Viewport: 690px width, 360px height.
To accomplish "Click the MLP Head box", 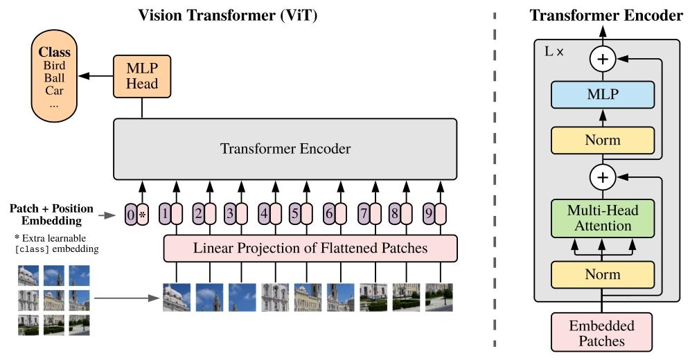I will point(142,76).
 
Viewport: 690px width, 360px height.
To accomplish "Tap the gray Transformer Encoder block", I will point(285,149).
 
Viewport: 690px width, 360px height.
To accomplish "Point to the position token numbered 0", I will point(131,215).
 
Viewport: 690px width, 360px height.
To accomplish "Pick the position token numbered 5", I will point(294,215).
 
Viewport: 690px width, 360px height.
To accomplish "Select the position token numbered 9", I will point(429,215).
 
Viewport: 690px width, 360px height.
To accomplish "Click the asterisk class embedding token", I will point(143,215).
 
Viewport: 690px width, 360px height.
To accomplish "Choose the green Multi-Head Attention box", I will point(603,217).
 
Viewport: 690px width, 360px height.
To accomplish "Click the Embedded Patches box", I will point(601,332).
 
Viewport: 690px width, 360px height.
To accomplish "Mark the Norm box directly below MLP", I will point(603,141).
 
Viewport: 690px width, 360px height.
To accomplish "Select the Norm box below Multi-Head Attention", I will point(603,275).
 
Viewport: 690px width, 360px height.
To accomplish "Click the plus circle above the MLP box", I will point(603,60).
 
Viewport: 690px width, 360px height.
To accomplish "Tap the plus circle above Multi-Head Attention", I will point(603,178).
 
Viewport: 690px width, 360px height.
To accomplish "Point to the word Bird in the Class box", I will point(55,66).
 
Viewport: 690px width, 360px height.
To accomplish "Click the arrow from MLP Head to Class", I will point(95,76).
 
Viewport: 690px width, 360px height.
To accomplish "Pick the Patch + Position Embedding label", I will point(52,215).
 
